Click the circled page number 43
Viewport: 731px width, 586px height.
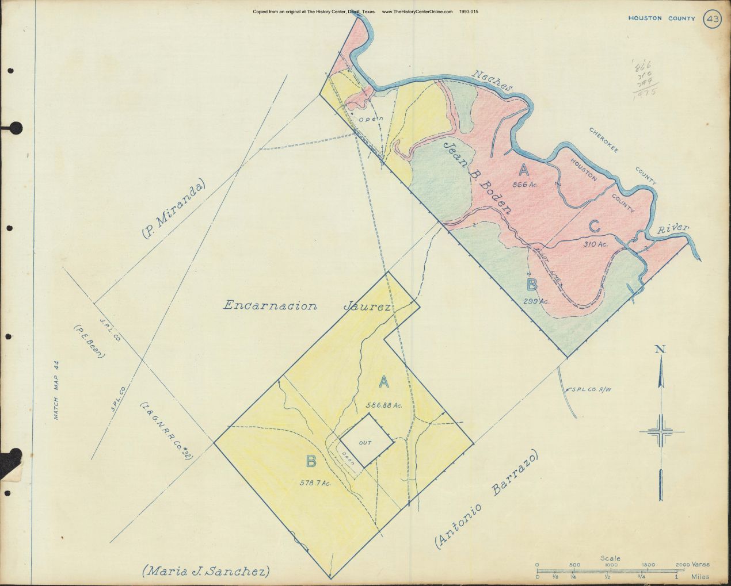point(712,20)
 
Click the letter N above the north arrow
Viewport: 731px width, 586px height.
point(661,350)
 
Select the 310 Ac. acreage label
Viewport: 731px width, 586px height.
point(596,244)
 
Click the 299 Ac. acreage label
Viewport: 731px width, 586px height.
point(536,301)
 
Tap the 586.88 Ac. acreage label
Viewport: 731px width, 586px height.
point(383,405)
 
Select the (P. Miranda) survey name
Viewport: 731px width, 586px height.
point(173,209)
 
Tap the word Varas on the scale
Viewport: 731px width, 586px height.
point(701,565)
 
